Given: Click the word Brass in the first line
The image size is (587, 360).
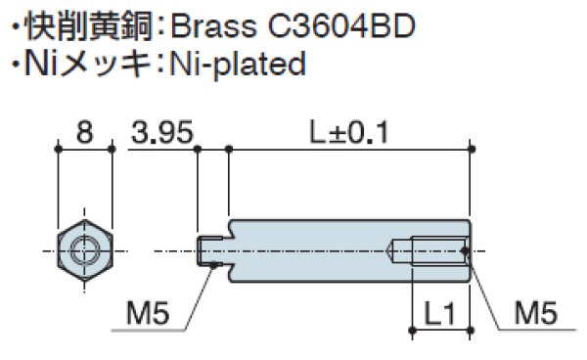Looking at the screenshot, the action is click(x=213, y=26).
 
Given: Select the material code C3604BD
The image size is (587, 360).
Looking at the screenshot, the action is click(x=341, y=26).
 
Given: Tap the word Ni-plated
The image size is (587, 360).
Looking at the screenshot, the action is click(x=238, y=65).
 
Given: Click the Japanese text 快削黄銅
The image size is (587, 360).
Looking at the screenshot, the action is click(x=89, y=26).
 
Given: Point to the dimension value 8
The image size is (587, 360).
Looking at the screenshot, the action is click(x=84, y=132).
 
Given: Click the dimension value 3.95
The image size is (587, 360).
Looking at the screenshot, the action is click(x=162, y=132).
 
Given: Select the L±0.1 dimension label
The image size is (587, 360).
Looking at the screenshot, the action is click(x=349, y=132).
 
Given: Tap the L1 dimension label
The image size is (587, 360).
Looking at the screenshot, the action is click(x=440, y=314).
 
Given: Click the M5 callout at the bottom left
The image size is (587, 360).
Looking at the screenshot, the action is click(x=148, y=313).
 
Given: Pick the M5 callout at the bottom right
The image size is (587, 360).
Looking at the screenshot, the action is click(x=536, y=313).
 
